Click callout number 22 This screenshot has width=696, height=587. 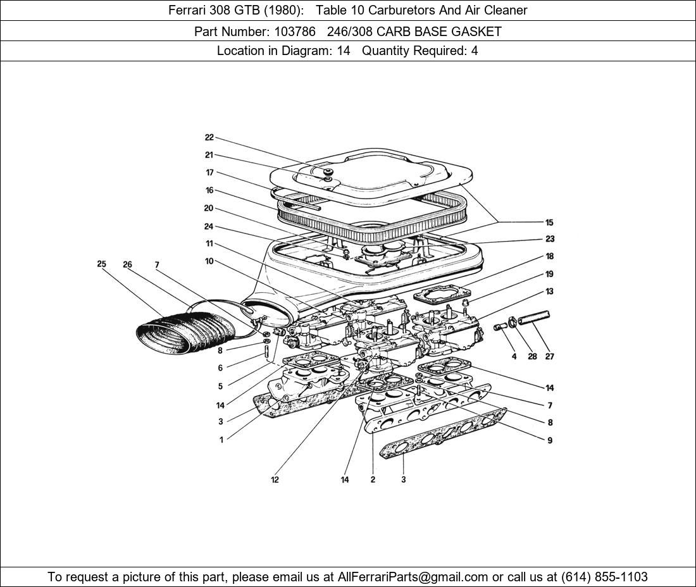pos(209,137)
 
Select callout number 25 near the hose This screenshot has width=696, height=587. pos(101,264)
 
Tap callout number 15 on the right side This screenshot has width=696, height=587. pos(549,222)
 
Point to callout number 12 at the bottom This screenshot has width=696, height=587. pos(275,479)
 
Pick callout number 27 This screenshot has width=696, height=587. pos(549,356)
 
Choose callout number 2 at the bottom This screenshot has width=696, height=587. pos(373,479)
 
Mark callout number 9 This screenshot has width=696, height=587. pos(549,440)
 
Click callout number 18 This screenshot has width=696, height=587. pos(549,256)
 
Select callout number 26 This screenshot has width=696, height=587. pos(127,264)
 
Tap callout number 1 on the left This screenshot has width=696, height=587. pos(221,440)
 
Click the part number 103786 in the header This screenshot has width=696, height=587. pos(287,31)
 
